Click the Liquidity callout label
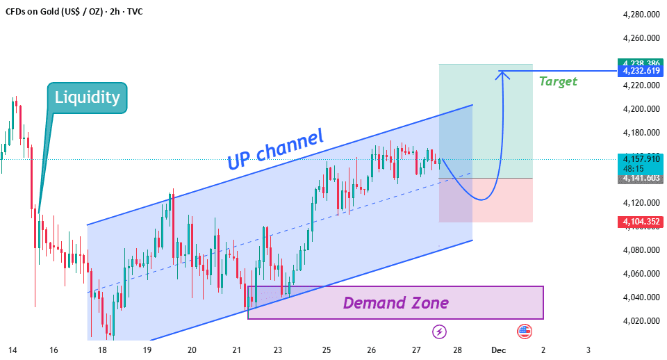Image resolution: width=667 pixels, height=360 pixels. [x=88, y=97]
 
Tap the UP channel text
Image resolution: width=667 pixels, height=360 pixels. [x=275, y=149]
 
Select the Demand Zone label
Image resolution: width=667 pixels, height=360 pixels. [x=395, y=303]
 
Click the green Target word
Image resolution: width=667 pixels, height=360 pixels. [x=558, y=81]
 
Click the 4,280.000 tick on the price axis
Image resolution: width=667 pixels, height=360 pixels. [x=641, y=15]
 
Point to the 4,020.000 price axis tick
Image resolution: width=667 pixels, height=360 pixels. [x=641, y=321]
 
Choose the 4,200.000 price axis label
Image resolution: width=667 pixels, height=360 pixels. [x=641, y=109]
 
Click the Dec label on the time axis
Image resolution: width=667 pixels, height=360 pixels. [x=498, y=350]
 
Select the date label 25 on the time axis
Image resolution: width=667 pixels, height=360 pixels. [x=327, y=350]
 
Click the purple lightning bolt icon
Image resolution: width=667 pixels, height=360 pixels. [x=439, y=332]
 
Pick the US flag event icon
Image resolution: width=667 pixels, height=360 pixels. [x=523, y=332]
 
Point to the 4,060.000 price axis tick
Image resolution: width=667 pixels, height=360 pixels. [x=641, y=274]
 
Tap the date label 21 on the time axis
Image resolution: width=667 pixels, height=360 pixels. [x=237, y=350]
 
